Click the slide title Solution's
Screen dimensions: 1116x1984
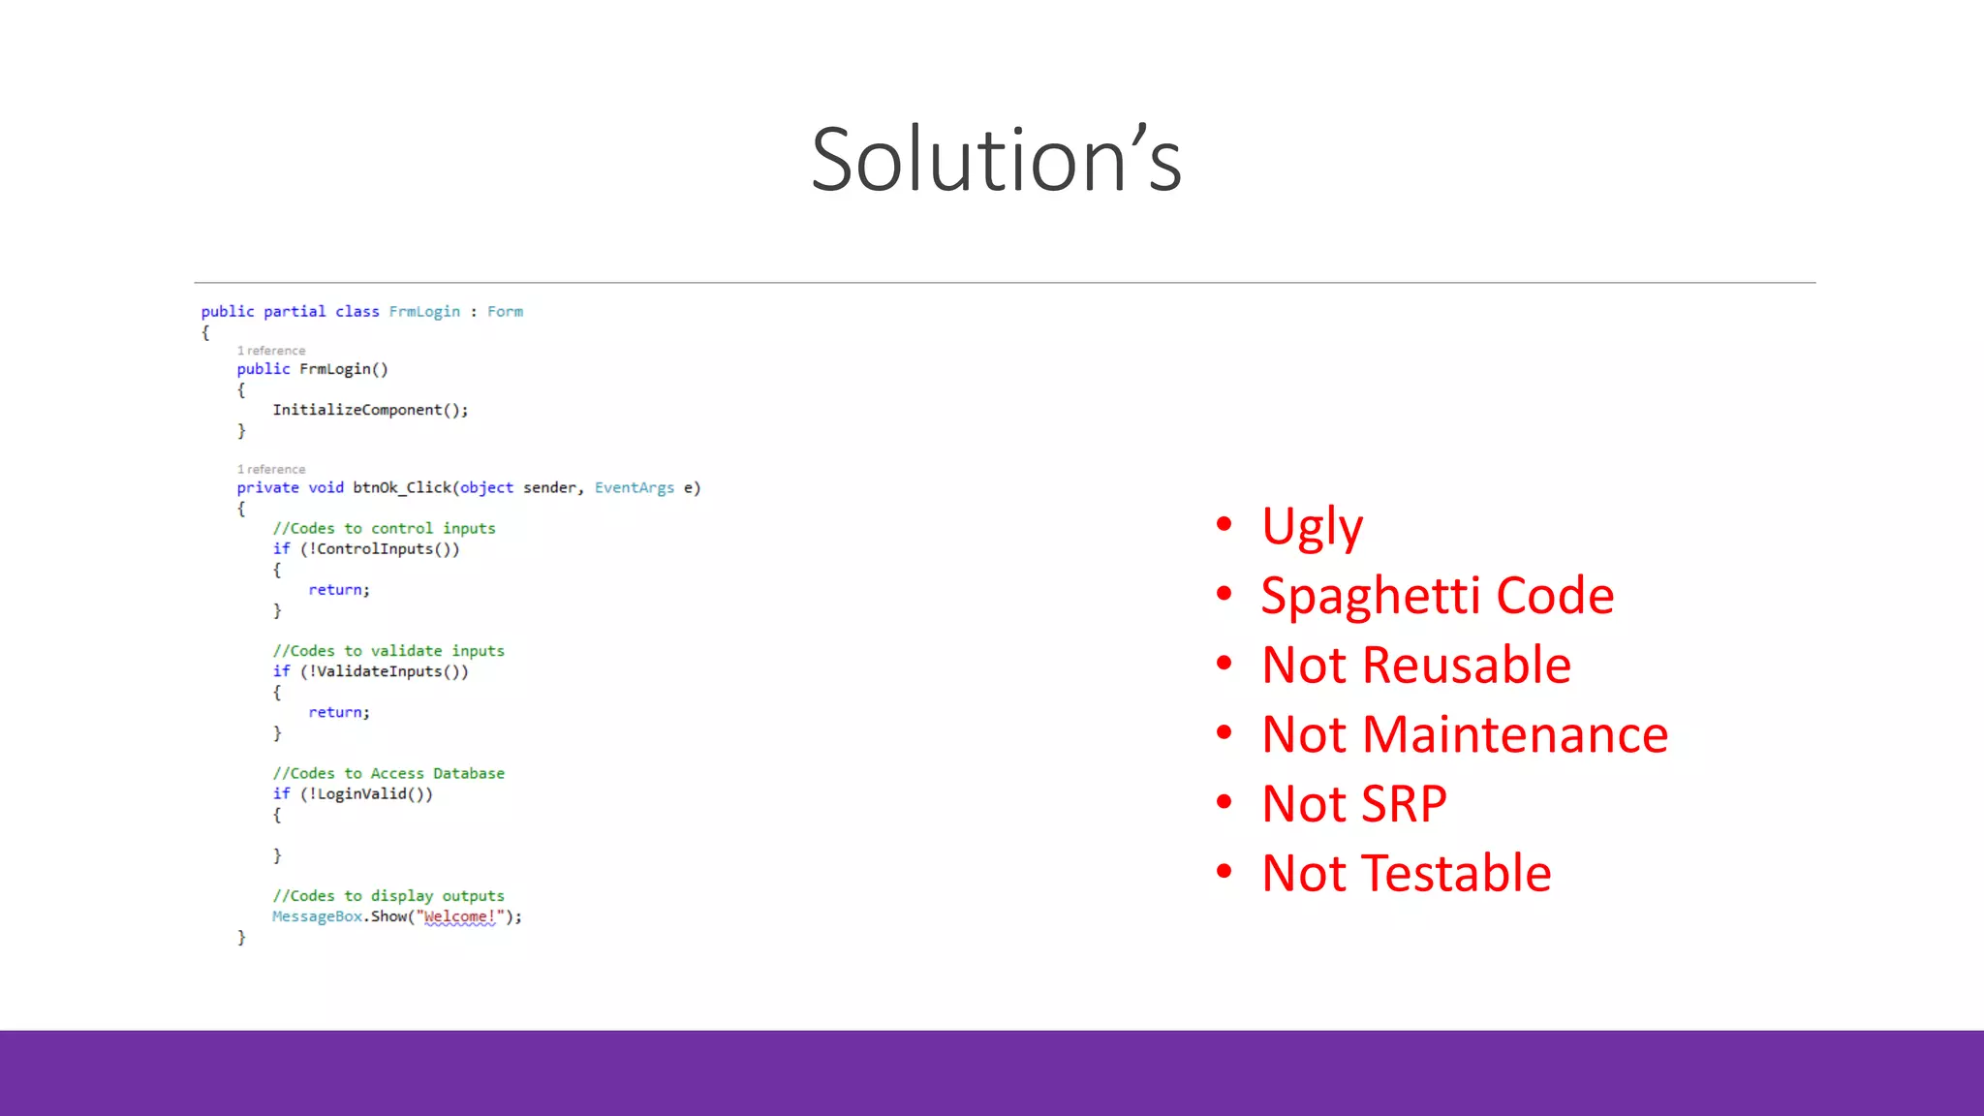click(996, 160)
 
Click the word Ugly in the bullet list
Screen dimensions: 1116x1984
click(1312, 526)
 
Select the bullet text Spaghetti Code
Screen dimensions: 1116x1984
click(1437, 595)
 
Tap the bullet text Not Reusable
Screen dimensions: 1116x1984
click(1415, 665)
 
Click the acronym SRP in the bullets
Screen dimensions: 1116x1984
click(1404, 804)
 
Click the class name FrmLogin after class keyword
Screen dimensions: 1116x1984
click(424, 311)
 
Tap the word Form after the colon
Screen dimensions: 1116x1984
click(505, 311)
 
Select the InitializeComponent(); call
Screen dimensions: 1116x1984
click(370, 410)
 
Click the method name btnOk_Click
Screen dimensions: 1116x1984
click(401, 487)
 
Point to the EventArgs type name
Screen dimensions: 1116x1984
click(634, 487)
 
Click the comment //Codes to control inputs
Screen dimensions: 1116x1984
click(384, 528)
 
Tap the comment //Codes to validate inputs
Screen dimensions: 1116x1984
click(387, 651)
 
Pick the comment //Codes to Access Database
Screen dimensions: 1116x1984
click(387, 773)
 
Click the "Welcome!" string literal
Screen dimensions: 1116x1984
click(459, 916)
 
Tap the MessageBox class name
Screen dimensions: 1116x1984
click(317, 916)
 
